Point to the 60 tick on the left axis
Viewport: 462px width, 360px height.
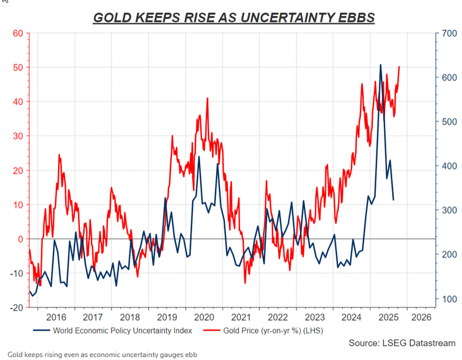click(17, 33)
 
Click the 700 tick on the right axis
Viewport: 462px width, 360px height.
click(448, 33)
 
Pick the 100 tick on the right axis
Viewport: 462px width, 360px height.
click(448, 299)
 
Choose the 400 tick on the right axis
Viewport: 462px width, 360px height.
click(448, 166)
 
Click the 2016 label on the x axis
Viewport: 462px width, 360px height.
click(56, 317)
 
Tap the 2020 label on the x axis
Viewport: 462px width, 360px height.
click(204, 317)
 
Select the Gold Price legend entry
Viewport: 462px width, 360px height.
click(273, 331)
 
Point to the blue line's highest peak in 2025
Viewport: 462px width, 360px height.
click(380, 65)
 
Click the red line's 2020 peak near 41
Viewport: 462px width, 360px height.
click(207, 98)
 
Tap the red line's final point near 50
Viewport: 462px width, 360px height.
click(399, 66)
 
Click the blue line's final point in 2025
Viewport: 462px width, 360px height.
click(393, 200)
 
